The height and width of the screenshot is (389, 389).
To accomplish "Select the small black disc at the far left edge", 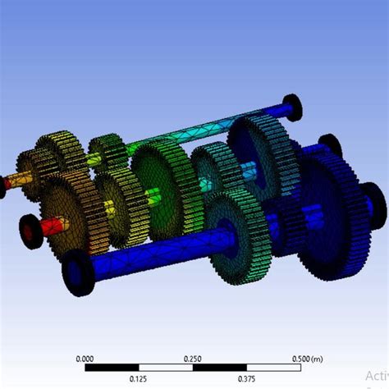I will pos(2,187).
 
